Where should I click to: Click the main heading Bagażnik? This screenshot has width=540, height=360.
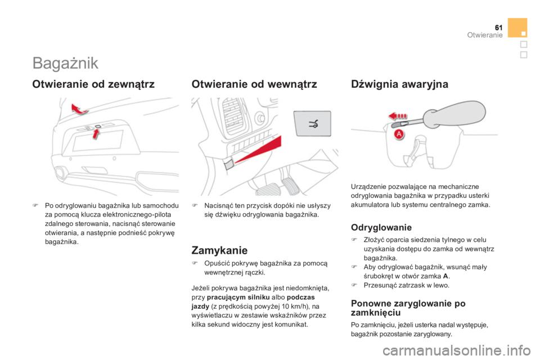tap(65, 63)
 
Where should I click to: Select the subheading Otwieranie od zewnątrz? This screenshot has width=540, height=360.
tap(93, 85)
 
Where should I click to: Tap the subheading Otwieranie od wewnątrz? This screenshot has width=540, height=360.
tap(254, 85)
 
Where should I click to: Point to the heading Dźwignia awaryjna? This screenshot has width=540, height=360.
tap(399, 85)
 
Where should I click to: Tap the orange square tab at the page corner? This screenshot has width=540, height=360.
tap(517, 27)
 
